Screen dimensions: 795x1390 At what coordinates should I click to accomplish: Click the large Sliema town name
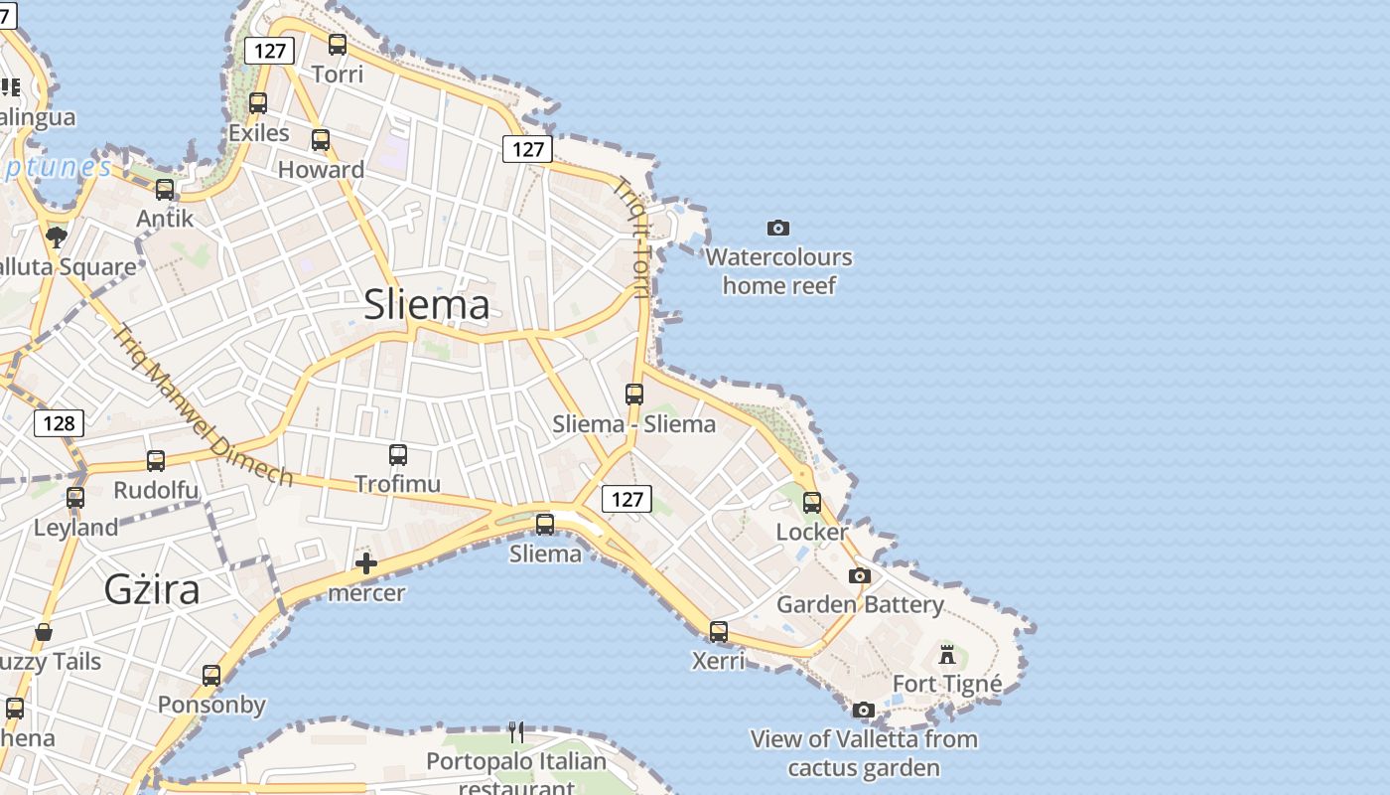427,304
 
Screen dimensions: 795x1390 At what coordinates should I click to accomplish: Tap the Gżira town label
152,589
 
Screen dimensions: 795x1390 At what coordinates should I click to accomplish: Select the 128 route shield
59,423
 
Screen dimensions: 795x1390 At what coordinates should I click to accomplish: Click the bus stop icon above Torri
338,45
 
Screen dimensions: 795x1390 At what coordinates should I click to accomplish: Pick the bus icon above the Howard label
321,140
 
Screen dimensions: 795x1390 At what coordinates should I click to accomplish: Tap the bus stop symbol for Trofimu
398,455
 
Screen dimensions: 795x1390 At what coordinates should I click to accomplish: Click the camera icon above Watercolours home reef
778,229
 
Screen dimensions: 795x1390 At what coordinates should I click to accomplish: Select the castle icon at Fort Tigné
947,655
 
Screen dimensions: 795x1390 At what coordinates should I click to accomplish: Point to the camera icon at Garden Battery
860,576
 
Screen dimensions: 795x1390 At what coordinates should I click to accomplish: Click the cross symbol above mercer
366,564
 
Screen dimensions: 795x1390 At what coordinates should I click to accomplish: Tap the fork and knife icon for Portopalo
516,732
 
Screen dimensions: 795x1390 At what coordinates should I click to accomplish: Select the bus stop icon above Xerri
718,632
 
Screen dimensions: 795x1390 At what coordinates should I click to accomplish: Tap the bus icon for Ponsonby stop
211,676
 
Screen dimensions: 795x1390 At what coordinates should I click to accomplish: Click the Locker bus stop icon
812,503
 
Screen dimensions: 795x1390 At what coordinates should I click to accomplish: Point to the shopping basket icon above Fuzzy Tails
44,632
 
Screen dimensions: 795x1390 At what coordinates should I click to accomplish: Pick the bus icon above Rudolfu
156,461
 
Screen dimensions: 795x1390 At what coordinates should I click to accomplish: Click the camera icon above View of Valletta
864,710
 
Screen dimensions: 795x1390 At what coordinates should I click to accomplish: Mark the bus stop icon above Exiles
258,103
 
